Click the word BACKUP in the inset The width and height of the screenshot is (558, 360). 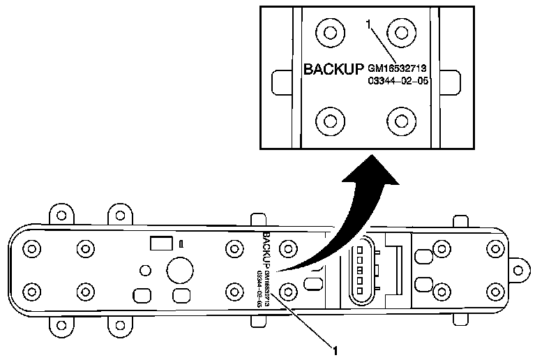[334, 70]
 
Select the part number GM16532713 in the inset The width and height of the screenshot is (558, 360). [397, 69]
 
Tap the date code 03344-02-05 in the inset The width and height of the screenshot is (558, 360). [397, 81]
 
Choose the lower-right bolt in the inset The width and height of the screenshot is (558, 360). [401, 121]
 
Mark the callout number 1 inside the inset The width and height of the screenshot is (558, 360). [368, 24]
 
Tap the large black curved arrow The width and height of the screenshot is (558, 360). [349, 223]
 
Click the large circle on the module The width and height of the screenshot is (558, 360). [181, 269]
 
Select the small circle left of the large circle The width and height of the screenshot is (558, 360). [145, 269]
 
